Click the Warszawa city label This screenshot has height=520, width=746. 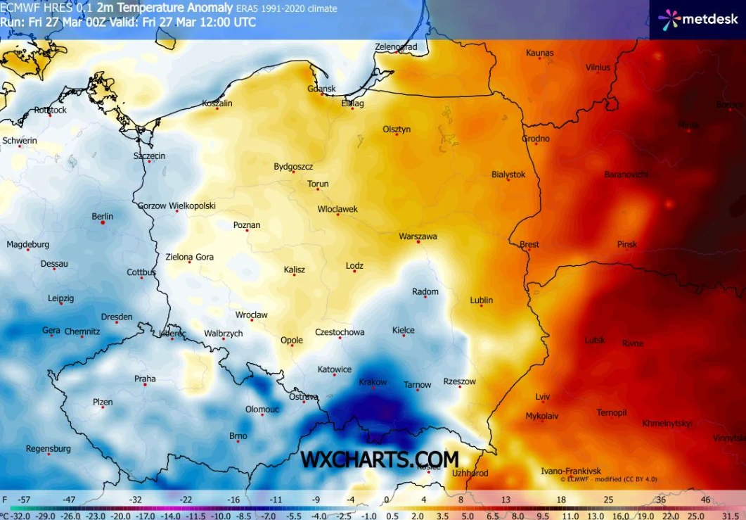[x=418, y=236]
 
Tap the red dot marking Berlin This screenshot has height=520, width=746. [x=103, y=222]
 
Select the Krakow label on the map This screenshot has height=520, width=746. [x=373, y=382]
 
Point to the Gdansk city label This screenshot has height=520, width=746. [x=322, y=89]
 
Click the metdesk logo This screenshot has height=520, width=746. [x=698, y=19]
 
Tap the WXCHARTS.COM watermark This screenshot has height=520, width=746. [x=380, y=459]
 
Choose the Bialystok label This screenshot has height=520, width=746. [x=508, y=175]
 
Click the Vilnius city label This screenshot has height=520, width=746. [x=598, y=68]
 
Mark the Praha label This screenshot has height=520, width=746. [x=145, y=379]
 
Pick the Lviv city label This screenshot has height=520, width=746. [x=542, y=396]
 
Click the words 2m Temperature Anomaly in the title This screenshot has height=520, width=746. [x=165, y=8]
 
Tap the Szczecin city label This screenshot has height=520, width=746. [x=149, y=156]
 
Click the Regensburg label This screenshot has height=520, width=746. [x=49, y=448]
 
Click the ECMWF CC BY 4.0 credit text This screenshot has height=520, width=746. [x=608, y=479]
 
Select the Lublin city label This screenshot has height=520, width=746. [x=482, y=300]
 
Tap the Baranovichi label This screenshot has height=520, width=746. [x=626, y=175]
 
